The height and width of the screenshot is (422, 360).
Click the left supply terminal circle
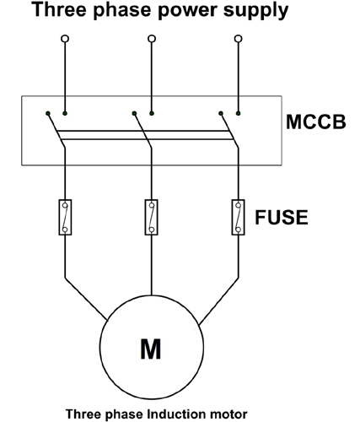point(64,39)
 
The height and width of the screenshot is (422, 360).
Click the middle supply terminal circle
point(151,39)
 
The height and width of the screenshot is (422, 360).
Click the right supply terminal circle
point(238,39)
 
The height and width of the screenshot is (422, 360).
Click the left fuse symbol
point(64,217)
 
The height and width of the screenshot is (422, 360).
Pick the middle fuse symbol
point(151,217)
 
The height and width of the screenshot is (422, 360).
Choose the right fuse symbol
point(238,217)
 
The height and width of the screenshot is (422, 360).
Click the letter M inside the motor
point(150,349)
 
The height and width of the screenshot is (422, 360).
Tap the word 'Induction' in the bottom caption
point(173,412)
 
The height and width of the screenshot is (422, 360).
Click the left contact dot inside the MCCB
point(48,112)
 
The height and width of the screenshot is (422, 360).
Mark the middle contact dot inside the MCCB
point(135,112)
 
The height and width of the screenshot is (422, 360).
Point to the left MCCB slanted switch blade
point(57,133)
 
